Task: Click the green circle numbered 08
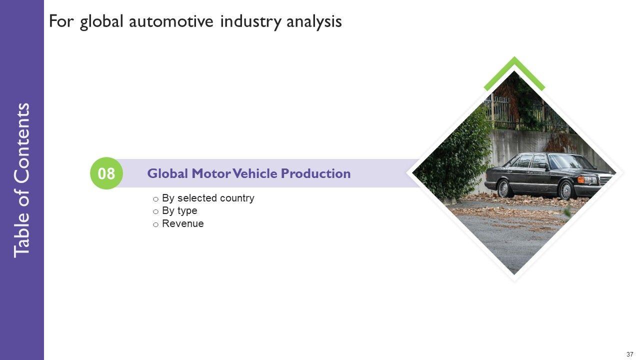pyautogui.click(x=106, y=173)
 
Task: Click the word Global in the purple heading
pyautogui.click(x=167, y=173)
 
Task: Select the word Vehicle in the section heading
pyautogui.click(x=255, y=173)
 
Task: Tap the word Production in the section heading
pyautogui.click(x=315, y=173)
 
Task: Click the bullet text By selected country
pyautogui.click(x=208, y=198)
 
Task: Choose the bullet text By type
pyautogui.click(x=179, y=211)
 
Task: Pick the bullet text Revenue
pyautogui.click(x=183, y=223)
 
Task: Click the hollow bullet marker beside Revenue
pyautogui.click(x=155, y=225)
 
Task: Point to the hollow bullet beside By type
pyautogui.click(x=155, y=212)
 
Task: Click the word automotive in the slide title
pyautogui.click(x=171, y=21)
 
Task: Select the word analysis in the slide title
pyautogui.click(x=314, y=22)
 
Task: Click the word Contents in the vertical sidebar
pyautogui.click(x=21, y=143)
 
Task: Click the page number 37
pyautogui.click(x=629, y=354)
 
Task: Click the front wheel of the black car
pyautogui.click(x=565, y=190)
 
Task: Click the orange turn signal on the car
pyautogui.click(x=581, y=179)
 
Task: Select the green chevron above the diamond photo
pyautogui.click(x=514, y=71)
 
